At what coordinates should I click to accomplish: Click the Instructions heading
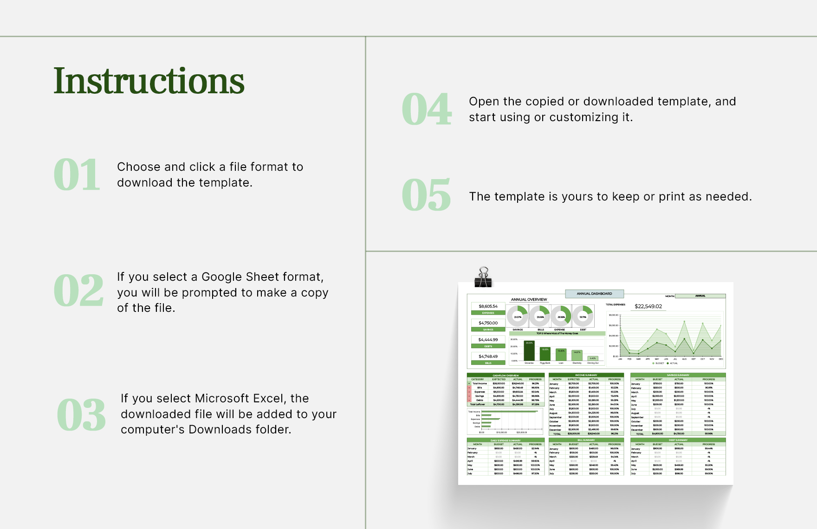[x=149, y=81]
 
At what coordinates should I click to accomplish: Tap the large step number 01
[x=77, y=175]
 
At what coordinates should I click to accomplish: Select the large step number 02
[x=78, y=291]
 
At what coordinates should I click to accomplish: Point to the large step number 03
[x=81, y=415]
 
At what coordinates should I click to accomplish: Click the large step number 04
[x=426, y=110]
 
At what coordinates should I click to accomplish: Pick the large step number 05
[x=426, y=195]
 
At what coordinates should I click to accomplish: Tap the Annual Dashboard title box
[x=594, y=294]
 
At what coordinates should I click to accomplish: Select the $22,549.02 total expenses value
[x=648, y=306]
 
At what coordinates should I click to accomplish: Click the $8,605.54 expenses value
[x=488, y=306]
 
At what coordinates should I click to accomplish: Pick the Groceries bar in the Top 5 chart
[x=529, y=351]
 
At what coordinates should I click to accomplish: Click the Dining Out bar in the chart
[x=593, y=358]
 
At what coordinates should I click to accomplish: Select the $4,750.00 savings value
[x=488, y=323]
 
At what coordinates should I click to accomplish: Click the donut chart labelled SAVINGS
[x=518, y=316]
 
